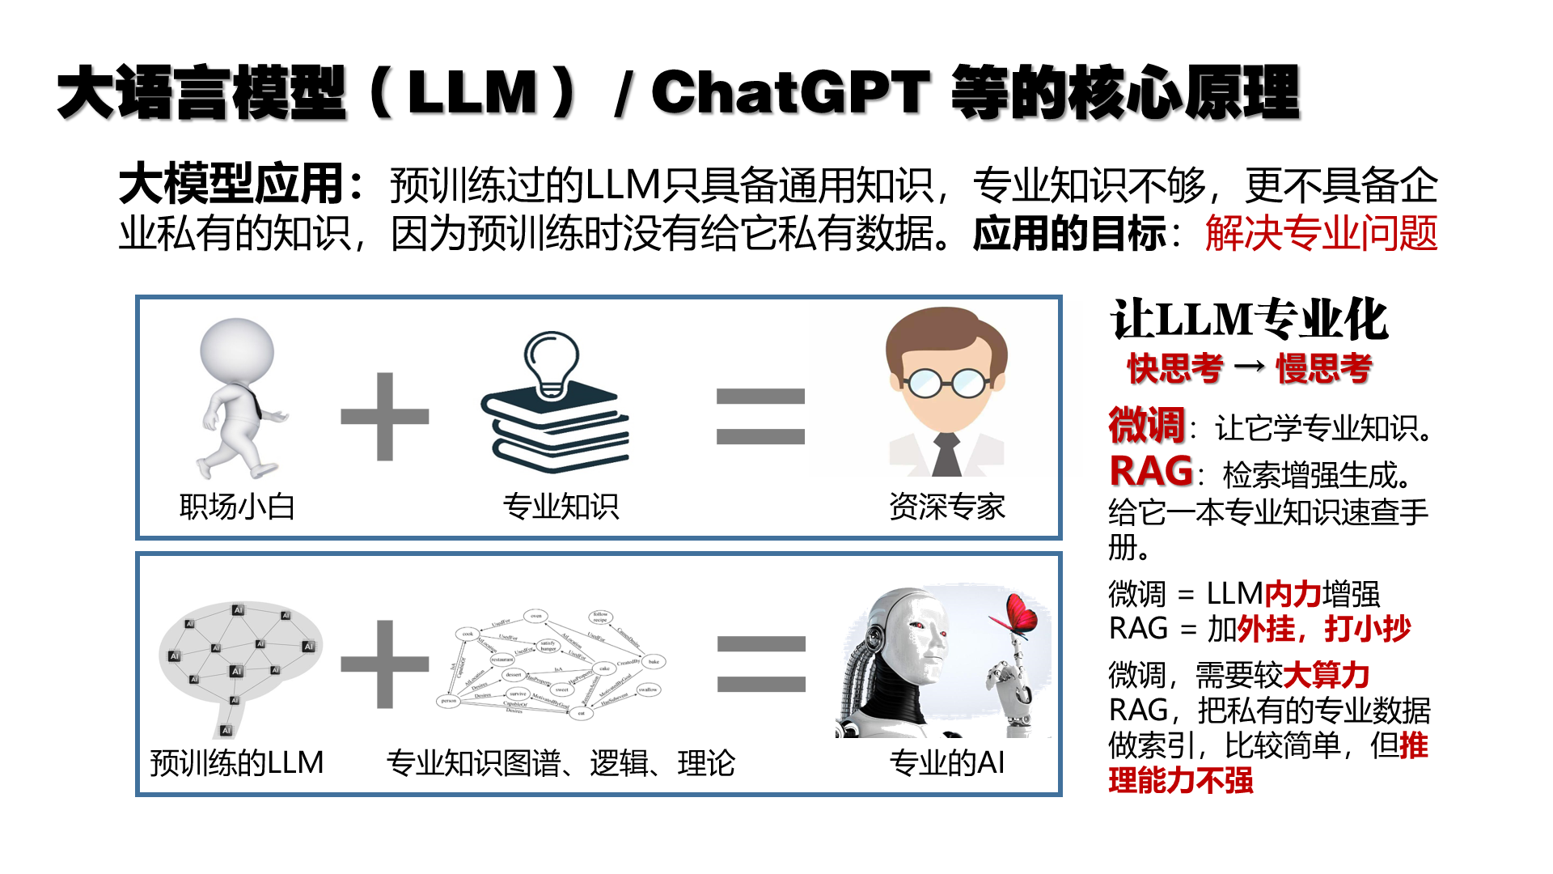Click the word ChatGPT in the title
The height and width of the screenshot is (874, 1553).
coord(790,92)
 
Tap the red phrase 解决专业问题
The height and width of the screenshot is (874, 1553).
coord(1321,234)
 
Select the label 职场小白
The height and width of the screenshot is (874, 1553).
coord(236,507)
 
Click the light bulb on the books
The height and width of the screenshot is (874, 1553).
coord(552,363)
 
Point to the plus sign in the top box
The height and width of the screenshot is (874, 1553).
coord(385,417)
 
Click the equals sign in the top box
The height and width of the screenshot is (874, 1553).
coord(760,417)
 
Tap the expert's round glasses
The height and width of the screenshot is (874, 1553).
coord(946,382)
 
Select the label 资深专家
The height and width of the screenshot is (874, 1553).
coord(946,507)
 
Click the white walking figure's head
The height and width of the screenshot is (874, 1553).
coord(237,353)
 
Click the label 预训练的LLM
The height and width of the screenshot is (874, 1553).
coord(236,763)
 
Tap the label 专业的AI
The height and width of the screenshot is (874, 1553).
coord(946,763)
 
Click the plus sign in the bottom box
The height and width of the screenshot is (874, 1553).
coord(385,664)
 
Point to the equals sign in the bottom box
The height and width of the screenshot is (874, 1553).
coord(761,664)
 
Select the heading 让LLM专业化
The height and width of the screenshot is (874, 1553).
coord(1249,320)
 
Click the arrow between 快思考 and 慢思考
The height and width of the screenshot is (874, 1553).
coord(1250,367)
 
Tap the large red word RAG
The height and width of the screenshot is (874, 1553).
coord(1151,472)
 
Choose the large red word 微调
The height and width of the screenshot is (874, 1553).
coord(1146,426)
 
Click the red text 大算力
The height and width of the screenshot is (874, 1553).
coord(1327,675)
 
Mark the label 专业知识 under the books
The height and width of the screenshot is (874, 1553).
coord(561,507)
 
